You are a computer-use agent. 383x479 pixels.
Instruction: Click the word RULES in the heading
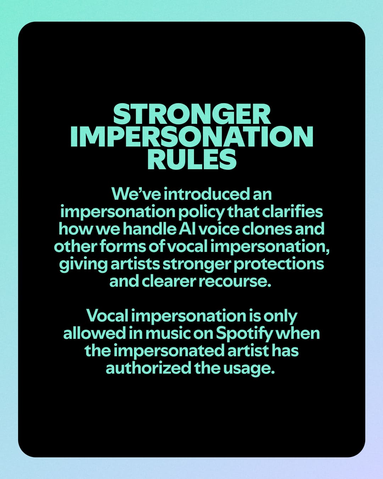(191, 159)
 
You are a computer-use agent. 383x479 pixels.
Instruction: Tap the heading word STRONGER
(191, 114)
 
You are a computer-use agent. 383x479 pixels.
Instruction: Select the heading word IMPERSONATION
(191, 137)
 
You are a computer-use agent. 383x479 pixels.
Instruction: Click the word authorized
(148, 368)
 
